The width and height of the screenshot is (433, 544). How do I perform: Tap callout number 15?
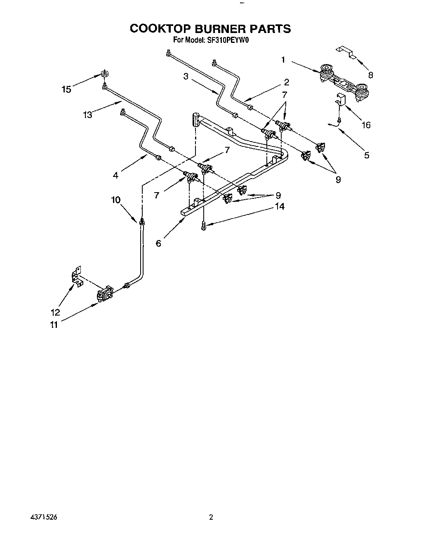(x=66, y=89)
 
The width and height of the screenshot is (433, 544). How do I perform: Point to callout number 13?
(x=87, y=115)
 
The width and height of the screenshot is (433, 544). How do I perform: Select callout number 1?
(x=283, y=60)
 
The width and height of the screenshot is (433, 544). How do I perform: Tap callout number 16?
(x=366, y=125)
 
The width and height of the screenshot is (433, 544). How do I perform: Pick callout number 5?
(x=367, y=155)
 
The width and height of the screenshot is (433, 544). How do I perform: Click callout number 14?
(x=280, y=206)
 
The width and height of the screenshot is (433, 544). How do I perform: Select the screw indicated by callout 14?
(x=204, y=225)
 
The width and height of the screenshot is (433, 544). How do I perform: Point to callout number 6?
(x=159, y=243)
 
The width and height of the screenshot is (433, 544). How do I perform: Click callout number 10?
(x=115, y=200)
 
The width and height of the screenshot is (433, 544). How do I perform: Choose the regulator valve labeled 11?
(x=104, y=294)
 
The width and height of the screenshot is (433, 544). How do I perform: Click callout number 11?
(x=54, y=325)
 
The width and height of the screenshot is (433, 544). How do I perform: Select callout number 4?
(x=116, y=175)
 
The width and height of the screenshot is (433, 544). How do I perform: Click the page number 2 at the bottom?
(x=211, y=517)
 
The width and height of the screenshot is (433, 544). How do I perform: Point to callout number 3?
(x=186, y=76)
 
